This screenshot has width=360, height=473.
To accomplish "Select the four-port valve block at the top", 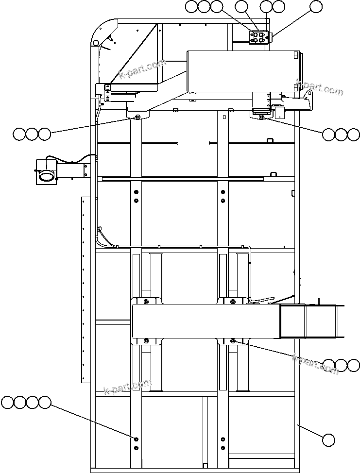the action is (258, 38).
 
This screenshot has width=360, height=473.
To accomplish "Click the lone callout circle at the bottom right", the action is (329, 440).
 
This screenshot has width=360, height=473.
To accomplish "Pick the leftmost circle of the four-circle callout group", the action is (8, 402).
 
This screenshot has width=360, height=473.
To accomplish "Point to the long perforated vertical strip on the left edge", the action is (86, 289).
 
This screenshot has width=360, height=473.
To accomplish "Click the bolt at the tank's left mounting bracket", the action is (138, 117).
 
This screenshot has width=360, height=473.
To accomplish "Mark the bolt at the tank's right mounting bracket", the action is (261, 117).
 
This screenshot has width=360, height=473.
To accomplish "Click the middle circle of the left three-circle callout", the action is (32, 134).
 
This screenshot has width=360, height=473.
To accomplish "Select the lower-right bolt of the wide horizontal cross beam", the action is (233, 340).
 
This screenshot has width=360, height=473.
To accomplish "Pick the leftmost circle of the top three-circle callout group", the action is (191, 6).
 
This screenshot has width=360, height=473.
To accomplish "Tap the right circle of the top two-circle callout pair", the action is (278, 6).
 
